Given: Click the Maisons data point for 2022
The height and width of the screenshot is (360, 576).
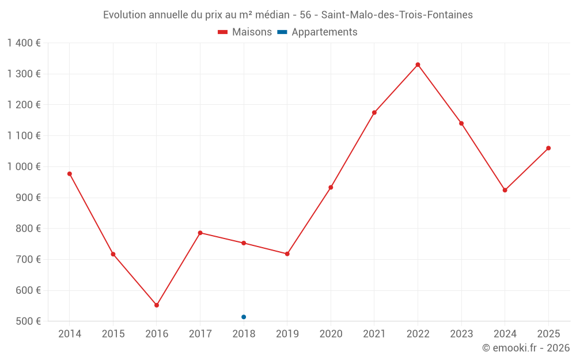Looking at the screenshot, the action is (418, 65).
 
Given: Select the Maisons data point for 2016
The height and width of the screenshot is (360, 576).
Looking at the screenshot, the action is (157, 305).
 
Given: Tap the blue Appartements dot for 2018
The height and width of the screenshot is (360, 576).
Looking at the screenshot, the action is (244, 317).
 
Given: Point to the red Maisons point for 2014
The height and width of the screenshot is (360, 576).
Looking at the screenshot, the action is (70, 174).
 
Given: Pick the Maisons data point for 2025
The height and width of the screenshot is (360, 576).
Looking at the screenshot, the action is (548, 149).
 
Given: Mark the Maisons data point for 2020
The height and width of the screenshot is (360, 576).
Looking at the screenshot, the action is (331, 187).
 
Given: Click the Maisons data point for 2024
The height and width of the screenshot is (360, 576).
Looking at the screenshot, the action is (505, 190).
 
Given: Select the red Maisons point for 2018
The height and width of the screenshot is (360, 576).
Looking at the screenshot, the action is (244, 243).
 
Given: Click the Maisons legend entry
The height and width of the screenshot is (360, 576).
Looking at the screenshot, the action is (245, 32).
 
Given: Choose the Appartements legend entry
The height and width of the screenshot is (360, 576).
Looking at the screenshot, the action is (317, 32).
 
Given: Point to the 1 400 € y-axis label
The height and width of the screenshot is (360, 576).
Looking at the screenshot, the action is (24, 43).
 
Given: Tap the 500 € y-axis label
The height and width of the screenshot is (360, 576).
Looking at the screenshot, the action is (28, 321).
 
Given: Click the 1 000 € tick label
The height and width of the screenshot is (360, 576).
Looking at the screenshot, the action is (24, 167).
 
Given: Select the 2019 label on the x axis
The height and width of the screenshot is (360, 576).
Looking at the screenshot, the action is (287, 334).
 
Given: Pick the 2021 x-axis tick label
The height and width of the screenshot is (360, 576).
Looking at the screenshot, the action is (374, 334).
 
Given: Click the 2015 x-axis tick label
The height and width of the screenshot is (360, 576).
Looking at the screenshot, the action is (113, 334).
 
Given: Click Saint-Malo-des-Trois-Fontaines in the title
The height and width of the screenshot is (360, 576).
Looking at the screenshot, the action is (397, 15).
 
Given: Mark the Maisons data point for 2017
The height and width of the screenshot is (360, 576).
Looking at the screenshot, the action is (200, 233).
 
